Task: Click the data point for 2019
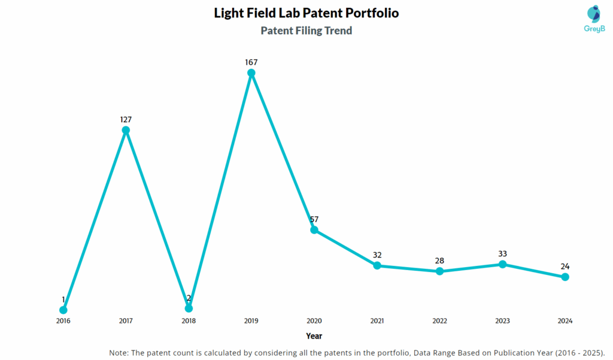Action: pos(251,73)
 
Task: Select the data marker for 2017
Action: pos(126,130)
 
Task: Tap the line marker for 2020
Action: pos(314,230)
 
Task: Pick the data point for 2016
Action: pos(63,310)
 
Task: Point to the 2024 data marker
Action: pos(565,277)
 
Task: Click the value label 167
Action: pos(251,62)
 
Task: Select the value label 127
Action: pos(126,119)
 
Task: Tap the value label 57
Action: pos(314,219)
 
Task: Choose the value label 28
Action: pos(439,261)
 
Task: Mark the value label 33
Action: pos(502,253)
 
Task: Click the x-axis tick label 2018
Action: pos(189,321)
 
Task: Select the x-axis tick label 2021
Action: pos(377,321)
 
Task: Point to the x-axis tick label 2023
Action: pos(502,321)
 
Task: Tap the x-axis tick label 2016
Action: pos(63,321)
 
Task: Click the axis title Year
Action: pos(314,336)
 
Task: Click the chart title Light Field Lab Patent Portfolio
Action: pos(306,13)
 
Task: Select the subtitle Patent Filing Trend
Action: pos(306,31)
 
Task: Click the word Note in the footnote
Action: pos(119,352)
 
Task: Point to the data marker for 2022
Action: pos(439,271)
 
